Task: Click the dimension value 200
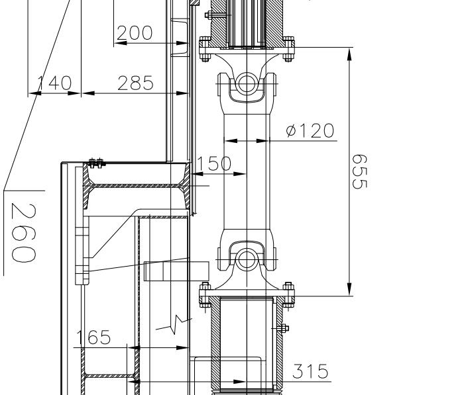[135, 32]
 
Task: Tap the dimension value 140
[55, 83]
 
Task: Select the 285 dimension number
[135, 83]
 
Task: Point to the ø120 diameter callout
[310, 130]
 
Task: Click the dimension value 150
[214, 163]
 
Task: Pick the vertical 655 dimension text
[359, 171]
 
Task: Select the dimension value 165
[93, 337]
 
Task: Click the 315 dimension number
[310, 371]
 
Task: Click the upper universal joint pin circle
[246, 84]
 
